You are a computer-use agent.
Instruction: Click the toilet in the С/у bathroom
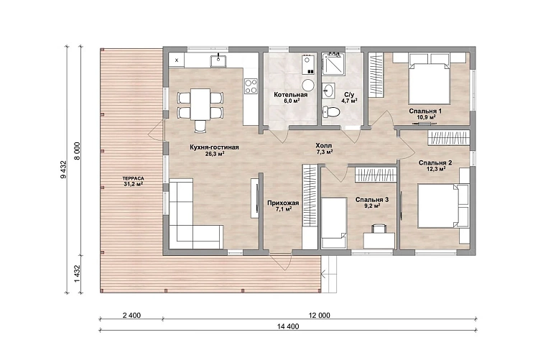pos(330,111)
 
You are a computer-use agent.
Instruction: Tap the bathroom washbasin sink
pos(328,91)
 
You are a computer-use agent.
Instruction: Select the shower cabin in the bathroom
pos(333,64)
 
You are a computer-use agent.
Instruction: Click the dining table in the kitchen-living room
pos(200,104)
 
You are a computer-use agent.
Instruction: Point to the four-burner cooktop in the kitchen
pos(251,86)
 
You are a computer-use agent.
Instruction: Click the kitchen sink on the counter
pos(218,61)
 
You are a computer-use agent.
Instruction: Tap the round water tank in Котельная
pos(308,85)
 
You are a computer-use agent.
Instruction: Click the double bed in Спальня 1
pos(430,79)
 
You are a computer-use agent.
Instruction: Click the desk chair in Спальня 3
pos(379,229)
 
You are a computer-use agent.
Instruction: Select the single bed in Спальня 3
pos(334,223)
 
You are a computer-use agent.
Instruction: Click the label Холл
pos(324,146)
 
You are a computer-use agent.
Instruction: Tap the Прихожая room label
pos(283,203)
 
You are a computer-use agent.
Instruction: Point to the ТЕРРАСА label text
pos(134,178)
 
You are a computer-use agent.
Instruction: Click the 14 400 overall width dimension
pos(288,326)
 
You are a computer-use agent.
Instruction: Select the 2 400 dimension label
pos(131,316)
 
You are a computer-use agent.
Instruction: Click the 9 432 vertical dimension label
pos(63,170)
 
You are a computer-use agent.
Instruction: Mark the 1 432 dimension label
pos(78,274)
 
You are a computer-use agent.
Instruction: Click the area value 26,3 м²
pos(215,154)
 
